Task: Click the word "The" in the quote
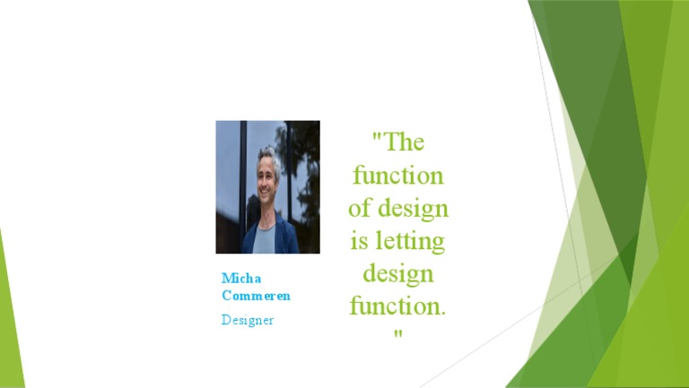406,142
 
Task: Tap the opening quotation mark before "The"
378,141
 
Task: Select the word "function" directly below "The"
398,175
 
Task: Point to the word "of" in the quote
359,208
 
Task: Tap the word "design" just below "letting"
398,273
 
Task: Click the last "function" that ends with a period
395,306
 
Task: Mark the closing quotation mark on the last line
397,334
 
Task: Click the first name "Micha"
241,278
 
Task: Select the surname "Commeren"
257,296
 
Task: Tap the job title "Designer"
248,320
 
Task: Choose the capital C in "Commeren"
226,296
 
